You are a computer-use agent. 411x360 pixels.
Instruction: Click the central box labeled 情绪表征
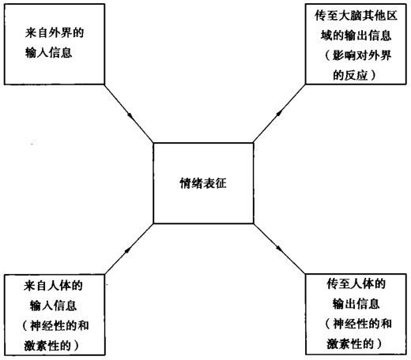203,183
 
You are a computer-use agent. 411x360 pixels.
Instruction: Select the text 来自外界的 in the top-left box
55,33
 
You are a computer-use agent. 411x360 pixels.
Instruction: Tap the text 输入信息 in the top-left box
48,53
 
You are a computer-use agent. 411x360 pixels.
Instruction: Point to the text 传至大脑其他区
356,16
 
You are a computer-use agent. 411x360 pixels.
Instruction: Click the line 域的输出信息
356,36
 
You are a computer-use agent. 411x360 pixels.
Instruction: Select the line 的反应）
354,75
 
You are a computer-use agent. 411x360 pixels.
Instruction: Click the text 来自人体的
53,286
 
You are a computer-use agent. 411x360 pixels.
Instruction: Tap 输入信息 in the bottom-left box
53,306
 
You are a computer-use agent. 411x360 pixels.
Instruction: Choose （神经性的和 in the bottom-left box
55,326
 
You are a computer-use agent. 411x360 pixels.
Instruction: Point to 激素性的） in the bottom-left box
51,346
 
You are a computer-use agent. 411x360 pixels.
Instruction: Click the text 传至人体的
356,284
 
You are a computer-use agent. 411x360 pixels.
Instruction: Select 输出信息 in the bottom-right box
356,304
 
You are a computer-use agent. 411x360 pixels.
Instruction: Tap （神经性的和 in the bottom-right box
358,324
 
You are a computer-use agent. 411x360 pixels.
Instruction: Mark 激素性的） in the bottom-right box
354,343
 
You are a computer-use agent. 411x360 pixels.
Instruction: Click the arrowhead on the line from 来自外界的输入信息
130,115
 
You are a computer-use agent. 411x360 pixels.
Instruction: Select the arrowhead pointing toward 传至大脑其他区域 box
280,112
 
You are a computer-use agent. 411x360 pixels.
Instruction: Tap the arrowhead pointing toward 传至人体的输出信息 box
279,248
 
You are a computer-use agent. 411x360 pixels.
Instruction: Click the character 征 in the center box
221,183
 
